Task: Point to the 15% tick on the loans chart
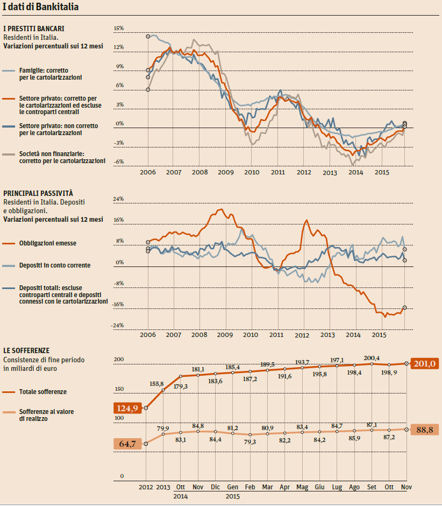click(x=119, y=28)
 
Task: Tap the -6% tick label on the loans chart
click(x=119, y=162)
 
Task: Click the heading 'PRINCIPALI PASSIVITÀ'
click(x=38, y=193)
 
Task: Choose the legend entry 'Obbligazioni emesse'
click(x=48, y=243)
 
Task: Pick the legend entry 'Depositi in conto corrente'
click(x=54, y=265)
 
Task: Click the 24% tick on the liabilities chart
click(x=118, y=199)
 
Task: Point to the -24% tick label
click(x=118, y=326)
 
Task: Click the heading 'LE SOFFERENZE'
click(x=26, y=350)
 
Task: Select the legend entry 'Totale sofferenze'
click(x=43, y=392)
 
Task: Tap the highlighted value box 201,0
click(x=424, y=364)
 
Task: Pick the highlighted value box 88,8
click(x=424, y=430)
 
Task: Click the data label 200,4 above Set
click(x=372, y=359)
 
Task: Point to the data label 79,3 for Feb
click(x=250, y=442)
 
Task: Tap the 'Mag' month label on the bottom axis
click(x=302, y=487)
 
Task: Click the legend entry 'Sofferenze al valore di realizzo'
click(x=46, y=415)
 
